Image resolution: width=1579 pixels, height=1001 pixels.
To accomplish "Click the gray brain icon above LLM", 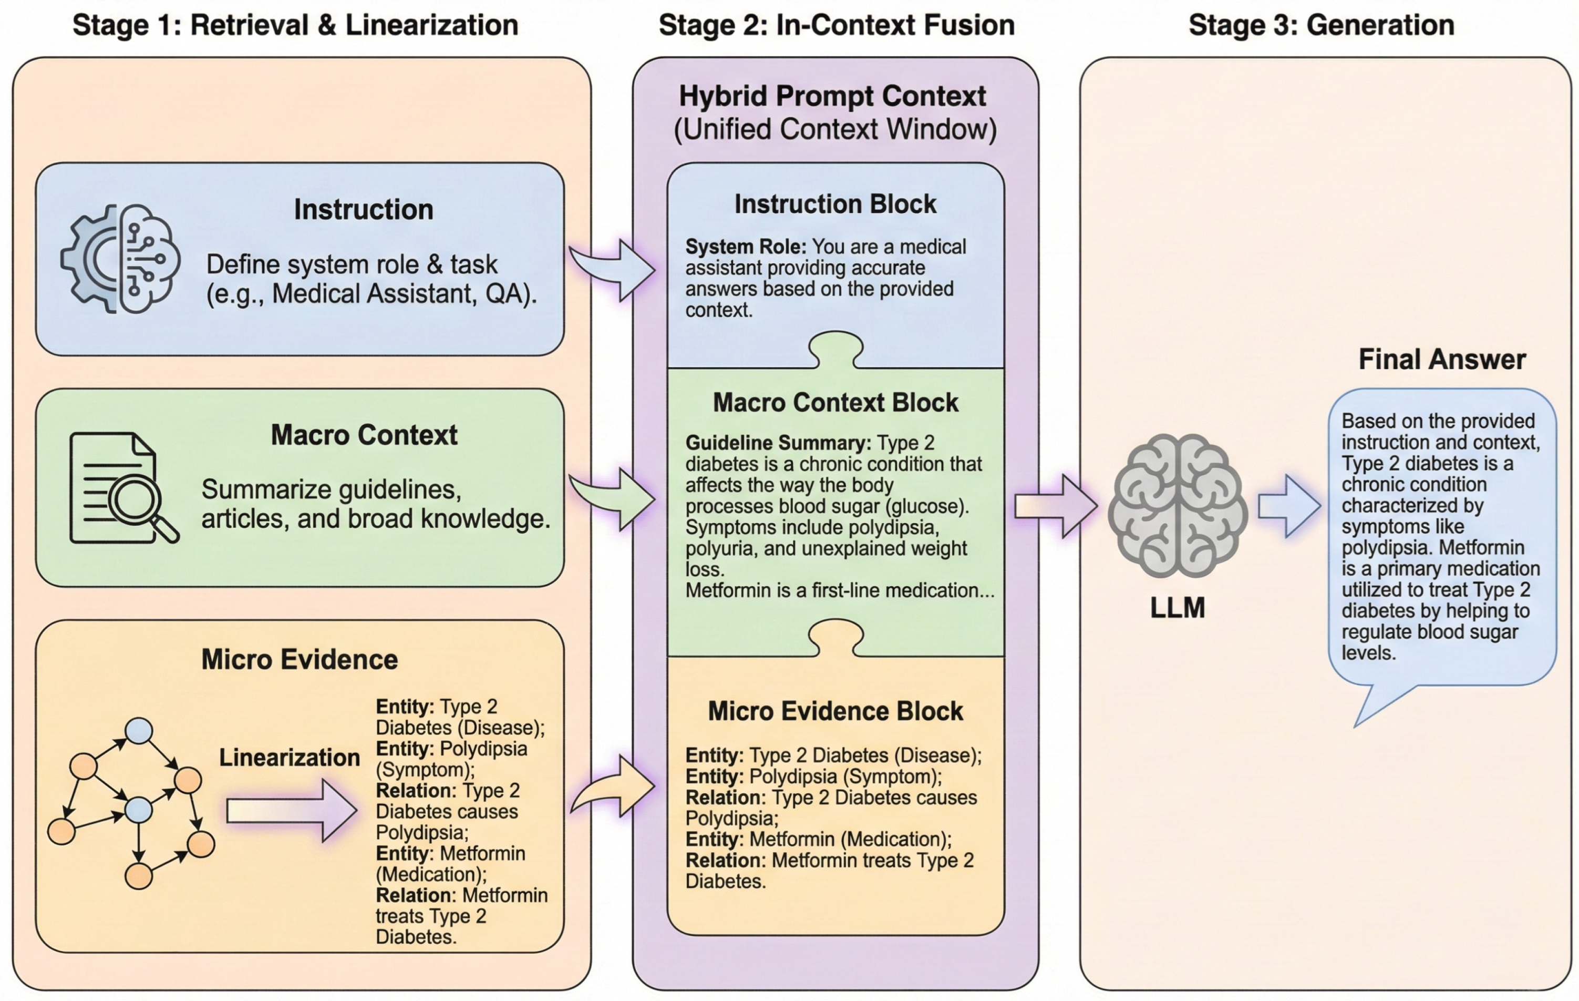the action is [1178, 505].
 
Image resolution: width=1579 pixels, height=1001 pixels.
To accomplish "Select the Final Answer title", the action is [1442, 360].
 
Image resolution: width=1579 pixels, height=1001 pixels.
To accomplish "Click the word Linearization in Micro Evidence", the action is [289, 758].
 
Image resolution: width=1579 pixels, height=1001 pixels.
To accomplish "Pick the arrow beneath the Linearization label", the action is [292, 811].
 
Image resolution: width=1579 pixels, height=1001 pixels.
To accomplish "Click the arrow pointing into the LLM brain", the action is [1056, 506].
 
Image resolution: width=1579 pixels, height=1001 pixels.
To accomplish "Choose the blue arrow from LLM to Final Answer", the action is [1289, 506].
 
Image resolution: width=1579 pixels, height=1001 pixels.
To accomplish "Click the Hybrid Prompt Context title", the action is [832, 96].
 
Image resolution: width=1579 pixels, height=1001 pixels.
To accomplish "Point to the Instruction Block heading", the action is [835, 204].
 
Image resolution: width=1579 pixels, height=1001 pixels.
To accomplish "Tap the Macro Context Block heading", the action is [835, 403].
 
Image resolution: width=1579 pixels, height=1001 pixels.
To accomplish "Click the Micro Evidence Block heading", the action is [835, 712].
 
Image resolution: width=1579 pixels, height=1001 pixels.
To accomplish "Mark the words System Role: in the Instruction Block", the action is [746, 247].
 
